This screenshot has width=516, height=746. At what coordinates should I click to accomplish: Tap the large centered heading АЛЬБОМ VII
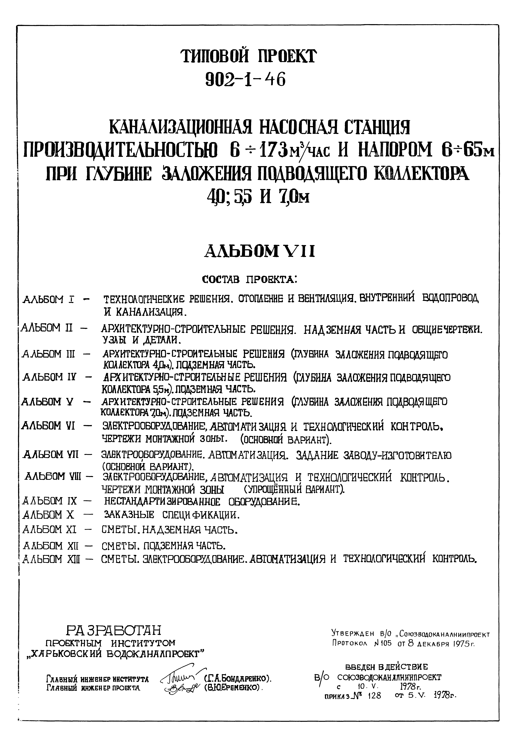pyautogui.click(x=259, y=251)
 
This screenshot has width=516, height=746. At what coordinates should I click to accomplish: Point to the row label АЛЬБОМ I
pyautogui.click(x=49, y=299)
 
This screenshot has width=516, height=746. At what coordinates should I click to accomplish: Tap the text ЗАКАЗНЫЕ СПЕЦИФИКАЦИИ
pyautogui.click(x=171, y=514)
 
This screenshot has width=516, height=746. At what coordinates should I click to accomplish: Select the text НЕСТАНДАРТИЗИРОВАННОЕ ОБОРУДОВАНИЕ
pyautogui.click(x=202, y=502)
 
